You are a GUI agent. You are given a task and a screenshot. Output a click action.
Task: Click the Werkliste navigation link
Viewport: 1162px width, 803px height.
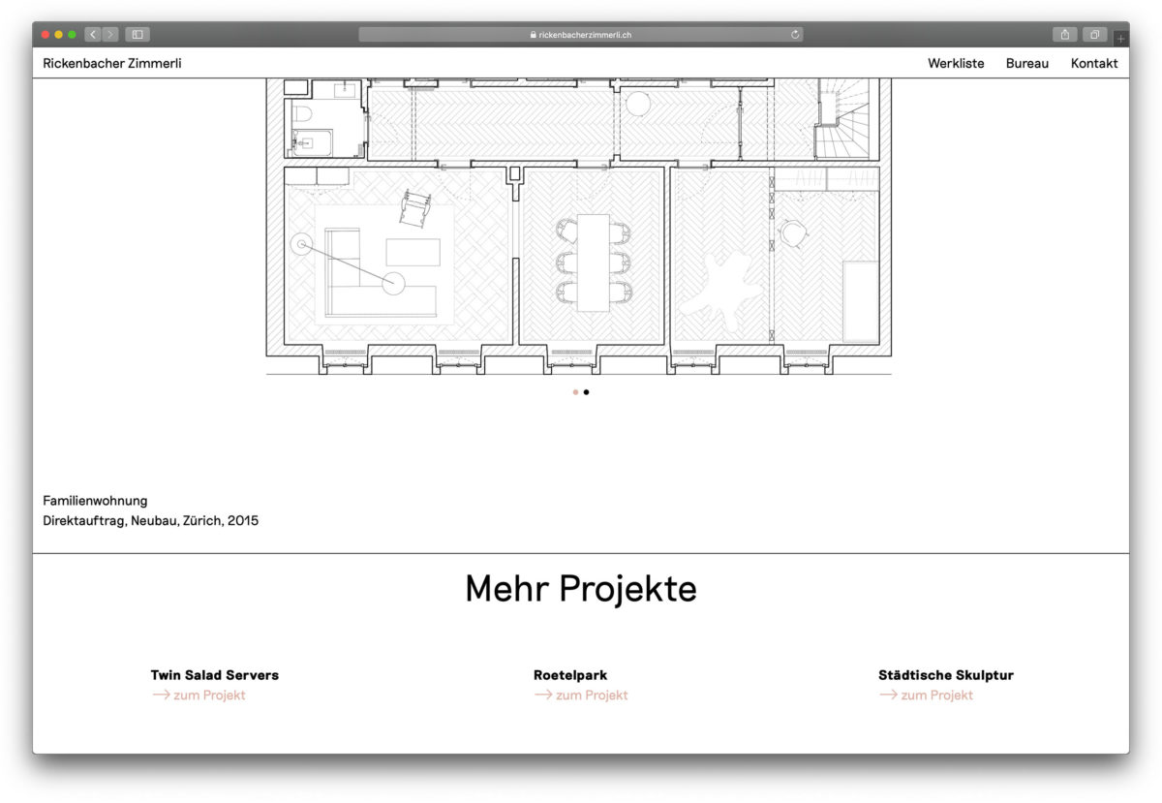pyautogui.click(x=956, y=63)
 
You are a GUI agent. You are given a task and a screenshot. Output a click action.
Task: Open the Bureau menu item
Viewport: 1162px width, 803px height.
pyautogui.click(x=1027, y=63)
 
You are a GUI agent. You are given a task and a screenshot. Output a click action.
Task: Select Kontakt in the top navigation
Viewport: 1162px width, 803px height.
pyautogui.click(x=1094, y=63)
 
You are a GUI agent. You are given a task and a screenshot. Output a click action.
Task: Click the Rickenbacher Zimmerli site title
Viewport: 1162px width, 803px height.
pyautogui.click(x=112, y=63)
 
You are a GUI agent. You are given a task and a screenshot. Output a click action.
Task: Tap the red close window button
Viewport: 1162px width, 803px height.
pyautogui.click(x=46, y=35)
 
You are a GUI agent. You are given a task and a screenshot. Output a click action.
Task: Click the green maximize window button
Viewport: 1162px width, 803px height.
pyautogui.click(x=72, y=35)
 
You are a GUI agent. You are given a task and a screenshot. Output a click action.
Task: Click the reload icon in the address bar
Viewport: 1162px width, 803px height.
pyautogui.click(x=795, y=35)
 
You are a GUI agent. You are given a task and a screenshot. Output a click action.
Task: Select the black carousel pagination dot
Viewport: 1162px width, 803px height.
pyautogui.click(x=586, y=392)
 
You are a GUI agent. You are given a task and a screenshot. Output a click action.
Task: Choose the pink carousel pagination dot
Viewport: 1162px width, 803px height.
pyautogui.click(x=575, y=392)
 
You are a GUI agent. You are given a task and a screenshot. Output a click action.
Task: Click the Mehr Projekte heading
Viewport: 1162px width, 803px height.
pyautogui.click(x=581, y=589)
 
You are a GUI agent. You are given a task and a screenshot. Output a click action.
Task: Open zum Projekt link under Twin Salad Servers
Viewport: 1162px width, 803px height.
pyautogui.click(x=199, y=695)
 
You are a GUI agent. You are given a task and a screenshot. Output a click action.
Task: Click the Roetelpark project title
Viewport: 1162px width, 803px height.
pyautogui.click(x=570, y=675)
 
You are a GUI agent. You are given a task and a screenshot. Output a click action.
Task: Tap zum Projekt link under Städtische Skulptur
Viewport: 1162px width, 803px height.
pyautogui.click(x=926, y=695)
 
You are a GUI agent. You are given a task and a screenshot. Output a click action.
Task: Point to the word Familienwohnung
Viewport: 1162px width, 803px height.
pyautogui.click(x=95, y=501)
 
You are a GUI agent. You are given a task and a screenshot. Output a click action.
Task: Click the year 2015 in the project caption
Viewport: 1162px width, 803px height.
pyautogui.click(x=243, y=520)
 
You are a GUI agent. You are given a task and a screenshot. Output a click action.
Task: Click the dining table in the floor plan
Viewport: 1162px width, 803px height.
pyautogui.click(x=594, y=263)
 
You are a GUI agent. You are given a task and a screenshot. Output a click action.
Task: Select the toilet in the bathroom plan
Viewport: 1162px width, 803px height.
pyautogui.click(x=302, y=113)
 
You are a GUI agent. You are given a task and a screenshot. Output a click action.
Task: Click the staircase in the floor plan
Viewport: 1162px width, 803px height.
pyautogui.click(x=843, y=119)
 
